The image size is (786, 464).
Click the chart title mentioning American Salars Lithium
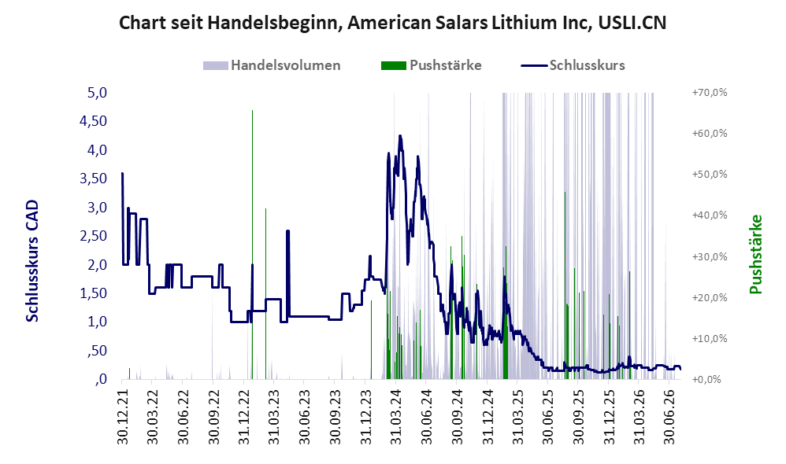[392, 23]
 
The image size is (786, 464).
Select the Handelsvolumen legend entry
[272, 65]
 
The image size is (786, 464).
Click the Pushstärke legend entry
[431, 65]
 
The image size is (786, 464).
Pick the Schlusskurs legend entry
[573, 65]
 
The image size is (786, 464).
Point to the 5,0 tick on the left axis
[97, 93]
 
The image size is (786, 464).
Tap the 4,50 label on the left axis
[94, 121]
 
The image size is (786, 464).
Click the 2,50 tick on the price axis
[94, 236]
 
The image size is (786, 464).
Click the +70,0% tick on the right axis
[710, 93]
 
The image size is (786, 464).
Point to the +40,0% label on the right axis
[710, 215]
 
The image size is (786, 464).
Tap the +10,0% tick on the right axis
[710, 338]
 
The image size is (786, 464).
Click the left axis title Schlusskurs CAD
[32, 261]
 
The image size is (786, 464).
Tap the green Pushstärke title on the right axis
[755, 254]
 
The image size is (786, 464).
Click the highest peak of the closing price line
[400, 135]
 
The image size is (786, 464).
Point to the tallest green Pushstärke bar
[252, 245]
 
